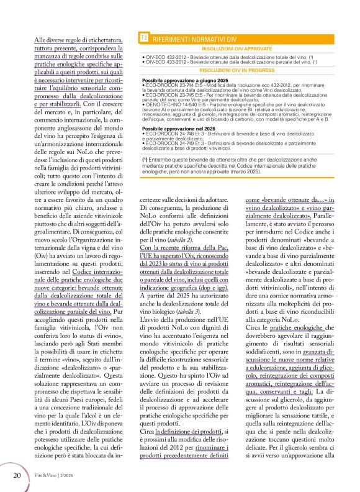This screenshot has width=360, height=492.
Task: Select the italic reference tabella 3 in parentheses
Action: pyautogui.click(x=196, y=312)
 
